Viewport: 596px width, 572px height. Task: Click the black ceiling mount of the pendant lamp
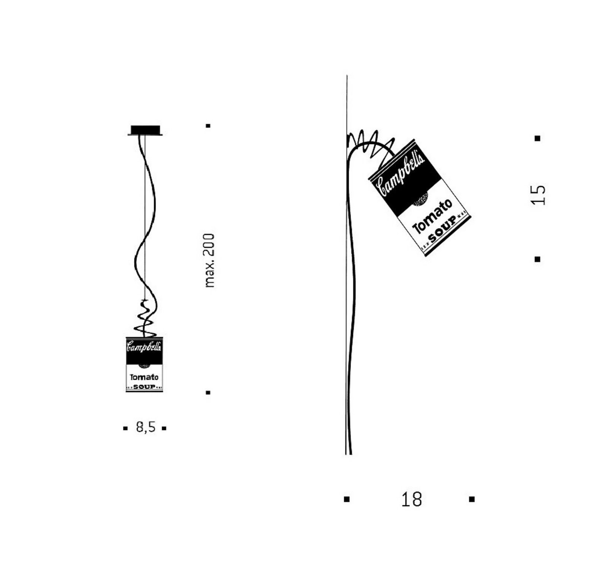[145, 130]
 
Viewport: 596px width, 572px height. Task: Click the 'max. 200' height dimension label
[210, 260]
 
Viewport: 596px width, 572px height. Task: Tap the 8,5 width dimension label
[146, 427]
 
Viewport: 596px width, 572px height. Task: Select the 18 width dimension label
[411, 499]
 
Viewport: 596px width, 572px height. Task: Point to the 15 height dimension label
[538, 195]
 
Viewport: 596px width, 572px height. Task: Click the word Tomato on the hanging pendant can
[144, 377]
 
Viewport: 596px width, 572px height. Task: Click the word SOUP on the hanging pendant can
[145, 387]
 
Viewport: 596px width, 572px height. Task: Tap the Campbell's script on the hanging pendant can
[144, 347]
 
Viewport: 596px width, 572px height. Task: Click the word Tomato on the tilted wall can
[432, 216]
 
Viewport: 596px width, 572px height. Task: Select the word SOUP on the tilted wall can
[442, 228]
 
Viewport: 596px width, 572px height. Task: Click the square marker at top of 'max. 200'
[208, 126]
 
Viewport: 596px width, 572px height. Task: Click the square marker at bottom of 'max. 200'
[208, 392]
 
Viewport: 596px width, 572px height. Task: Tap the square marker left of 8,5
[125, 428]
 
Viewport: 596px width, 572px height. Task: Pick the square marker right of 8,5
[164, 428]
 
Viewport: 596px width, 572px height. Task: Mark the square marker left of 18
[347, 499]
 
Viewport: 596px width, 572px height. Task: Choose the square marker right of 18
[472, 499]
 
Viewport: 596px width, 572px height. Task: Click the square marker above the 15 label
[537, 138]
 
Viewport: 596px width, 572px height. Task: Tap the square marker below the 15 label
[537, 259]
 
